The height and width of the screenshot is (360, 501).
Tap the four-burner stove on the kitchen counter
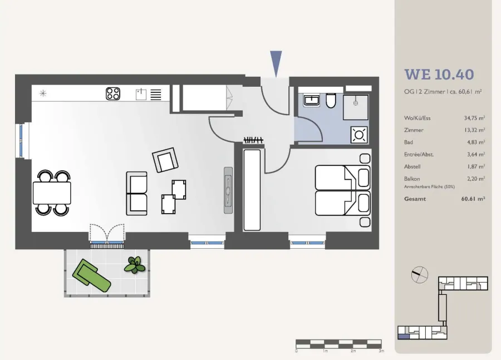[113, 93]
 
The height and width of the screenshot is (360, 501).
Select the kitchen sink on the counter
[141, 94]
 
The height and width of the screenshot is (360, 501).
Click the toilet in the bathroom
[331, 101]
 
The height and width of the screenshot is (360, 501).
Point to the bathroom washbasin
[311, 100]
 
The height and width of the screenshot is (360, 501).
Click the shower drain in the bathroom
[356, 103]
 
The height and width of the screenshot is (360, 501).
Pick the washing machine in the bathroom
[359, 135]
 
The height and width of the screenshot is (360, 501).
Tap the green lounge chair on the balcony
[91, 275]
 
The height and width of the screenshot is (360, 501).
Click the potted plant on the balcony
[135, 265]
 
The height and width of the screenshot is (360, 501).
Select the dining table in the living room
[52, 193]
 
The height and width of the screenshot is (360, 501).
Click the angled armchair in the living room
[165, 160]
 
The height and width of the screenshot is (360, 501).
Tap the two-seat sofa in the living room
[137, 193]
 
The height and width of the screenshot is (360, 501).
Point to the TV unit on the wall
[228, 190]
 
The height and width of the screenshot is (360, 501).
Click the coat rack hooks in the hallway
[253, 140]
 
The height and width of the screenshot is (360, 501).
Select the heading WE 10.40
[439, 75]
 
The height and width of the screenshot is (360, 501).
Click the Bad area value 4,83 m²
[476, 142]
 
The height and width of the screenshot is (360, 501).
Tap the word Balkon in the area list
[412, 179]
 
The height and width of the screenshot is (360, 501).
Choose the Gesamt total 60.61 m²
[473, 199]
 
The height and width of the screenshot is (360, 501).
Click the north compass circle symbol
[420, 275]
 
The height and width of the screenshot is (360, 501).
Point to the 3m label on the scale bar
[381, 351]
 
